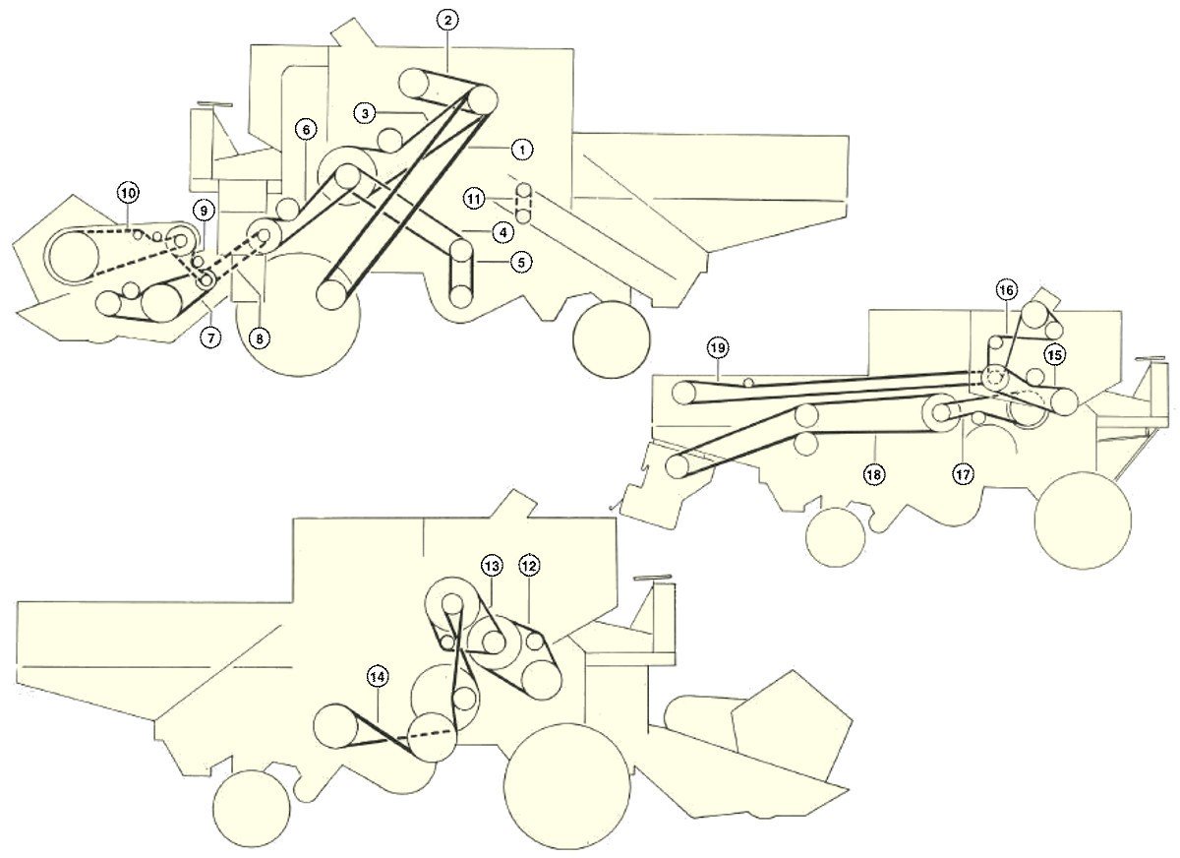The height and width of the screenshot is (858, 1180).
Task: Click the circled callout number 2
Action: click(447, 21)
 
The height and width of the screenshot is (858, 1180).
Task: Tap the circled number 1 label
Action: click(522, 150)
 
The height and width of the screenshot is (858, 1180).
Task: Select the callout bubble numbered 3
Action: click(366, 113)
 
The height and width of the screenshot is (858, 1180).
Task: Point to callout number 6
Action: click(307, 130)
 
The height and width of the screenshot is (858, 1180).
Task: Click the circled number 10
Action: click(129, 193)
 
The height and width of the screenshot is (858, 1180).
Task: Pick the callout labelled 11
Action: click(475, 199)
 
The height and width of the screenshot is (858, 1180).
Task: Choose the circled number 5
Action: click(521, 262)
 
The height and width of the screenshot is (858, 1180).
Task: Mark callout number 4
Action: click(503, 232)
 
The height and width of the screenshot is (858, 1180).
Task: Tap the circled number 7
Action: click(211, 337)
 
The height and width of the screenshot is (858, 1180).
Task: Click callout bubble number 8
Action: click(260, 338)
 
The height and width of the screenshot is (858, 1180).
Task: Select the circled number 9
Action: click(204, 211)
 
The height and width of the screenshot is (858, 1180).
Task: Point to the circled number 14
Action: click(378, 676)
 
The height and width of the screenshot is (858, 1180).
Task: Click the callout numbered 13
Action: click(492, 567)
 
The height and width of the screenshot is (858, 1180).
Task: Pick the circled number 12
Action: click(529, 566)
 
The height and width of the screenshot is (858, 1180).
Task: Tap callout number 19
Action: click(718, 348)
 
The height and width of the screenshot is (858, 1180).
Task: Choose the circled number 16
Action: click(1006, 290)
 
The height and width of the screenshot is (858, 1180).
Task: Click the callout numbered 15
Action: click(1054, 355)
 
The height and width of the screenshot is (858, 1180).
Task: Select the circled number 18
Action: click(873, 474)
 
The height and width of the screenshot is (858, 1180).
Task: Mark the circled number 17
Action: click(963, 474)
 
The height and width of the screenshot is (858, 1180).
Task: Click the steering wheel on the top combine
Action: click(214, 105)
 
